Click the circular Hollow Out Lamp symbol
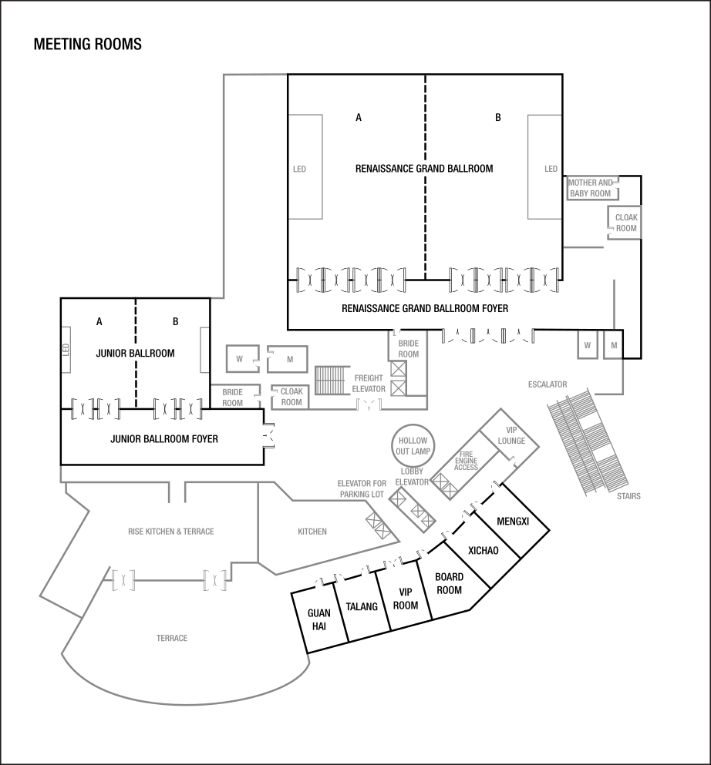(414, 445)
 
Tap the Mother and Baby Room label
(591, 188)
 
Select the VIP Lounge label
(511, 436)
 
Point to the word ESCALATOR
(548, 384)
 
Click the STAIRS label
(628, 496)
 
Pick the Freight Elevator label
(369, 384)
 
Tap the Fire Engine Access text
(466, 461)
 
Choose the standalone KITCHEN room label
(312, 532)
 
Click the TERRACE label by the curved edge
(172, 639)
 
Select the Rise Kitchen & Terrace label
(170, 532)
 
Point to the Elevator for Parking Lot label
(362, 488)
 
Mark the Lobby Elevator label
(412, 476)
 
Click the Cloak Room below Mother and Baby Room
(626, 223)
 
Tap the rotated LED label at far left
(66, 350)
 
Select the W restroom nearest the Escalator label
(588, 346)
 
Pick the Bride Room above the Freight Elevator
(409, 348)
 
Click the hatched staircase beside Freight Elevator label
(332, 381)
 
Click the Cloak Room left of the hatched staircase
(291, 397)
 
